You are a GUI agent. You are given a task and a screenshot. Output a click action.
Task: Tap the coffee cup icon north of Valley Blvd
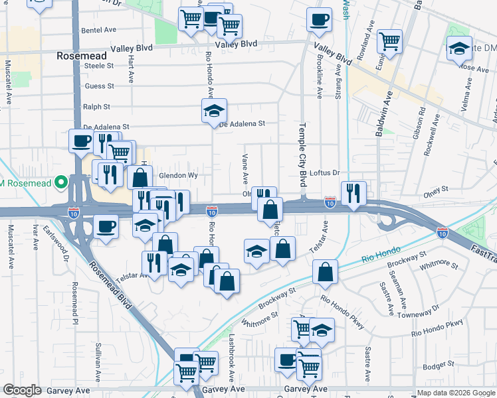click(x=319, y=19)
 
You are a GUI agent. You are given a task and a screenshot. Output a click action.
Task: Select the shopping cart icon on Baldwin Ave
click(x=389, y=41)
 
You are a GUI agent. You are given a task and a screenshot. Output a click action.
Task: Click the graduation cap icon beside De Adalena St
click(x=215, y=110)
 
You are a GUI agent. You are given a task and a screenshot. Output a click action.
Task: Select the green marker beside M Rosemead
click(x=62, y=181)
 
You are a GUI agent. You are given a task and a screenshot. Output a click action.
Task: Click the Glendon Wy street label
click(x=179, y=176)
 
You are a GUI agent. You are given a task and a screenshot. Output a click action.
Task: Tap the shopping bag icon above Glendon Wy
click(x=140, y=178)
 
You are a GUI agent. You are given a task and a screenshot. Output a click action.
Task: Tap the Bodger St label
click(x=437, y=364)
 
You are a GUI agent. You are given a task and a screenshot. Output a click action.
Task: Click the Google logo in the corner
click(x=21, y=390)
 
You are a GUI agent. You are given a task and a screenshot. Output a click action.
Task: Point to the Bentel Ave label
click(x=98, y=31)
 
